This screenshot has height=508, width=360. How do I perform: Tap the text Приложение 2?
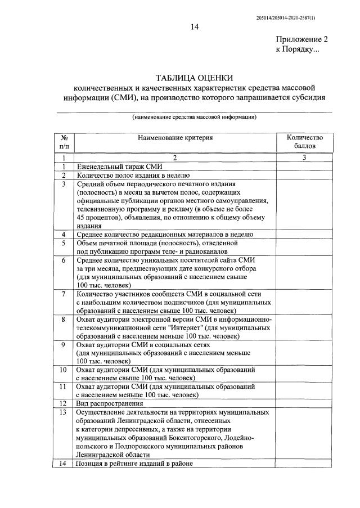pos(301,40)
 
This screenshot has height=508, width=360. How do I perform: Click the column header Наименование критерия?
pos(175,137)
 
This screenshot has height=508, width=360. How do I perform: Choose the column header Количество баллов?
pos(304,141)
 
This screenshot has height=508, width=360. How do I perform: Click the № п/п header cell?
pos(64,141)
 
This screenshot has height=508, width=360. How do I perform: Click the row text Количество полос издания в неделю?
pos(133,175)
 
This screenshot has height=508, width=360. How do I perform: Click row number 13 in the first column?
pos(64,412)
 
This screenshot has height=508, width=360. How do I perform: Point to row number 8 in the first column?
pos(64,319)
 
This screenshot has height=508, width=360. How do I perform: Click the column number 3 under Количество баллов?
pos(304,158)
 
